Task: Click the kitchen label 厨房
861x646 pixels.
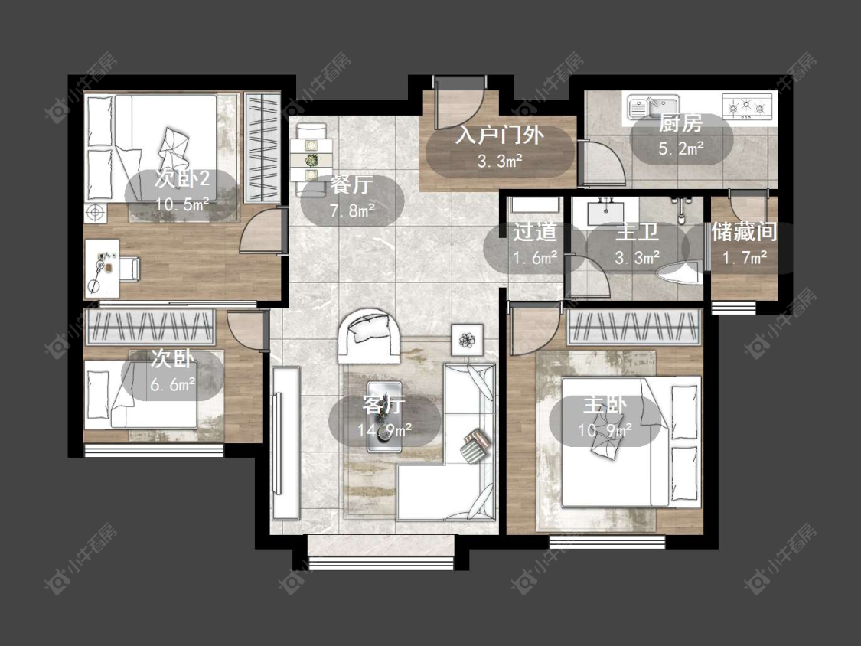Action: pyautogui.click(x=681, y=123)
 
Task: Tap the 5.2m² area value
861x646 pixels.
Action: pyautogui.click(x=681, y=148)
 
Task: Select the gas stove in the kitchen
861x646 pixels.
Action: pyautogui.click(x=747, y=106)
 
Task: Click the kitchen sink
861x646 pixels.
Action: pyautogui.click(x=653, y=106)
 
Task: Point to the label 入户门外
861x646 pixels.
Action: pyautogui.click(x=499, y=135)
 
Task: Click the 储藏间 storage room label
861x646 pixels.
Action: pyautogui.click(x=744, y=232)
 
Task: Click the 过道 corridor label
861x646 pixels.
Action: pyautogui.click(x=534, y=232)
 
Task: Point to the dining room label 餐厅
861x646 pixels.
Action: pyautogui.click(x=351, y=185)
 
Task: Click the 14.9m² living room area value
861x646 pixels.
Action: pyautogui.click(x=384, y=430)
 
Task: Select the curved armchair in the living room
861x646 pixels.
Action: pyautogui.click(x=369, y=335)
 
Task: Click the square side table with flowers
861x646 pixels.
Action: pyautogui.click(x=468, y=340)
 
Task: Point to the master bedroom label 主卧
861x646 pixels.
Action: pyautogui.click(x=605, y=405)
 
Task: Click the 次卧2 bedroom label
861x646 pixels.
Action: pyautogui.click(x=182, y=178)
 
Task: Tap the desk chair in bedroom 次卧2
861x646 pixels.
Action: pyautogui.click(x=129, y=268)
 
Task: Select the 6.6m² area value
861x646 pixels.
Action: pyautogui.click(x=173, y=384)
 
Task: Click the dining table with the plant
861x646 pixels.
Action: pyautogui.click(x=311, y=160)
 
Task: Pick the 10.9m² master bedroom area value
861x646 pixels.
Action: pyautogui.click(x=605, y=430)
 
